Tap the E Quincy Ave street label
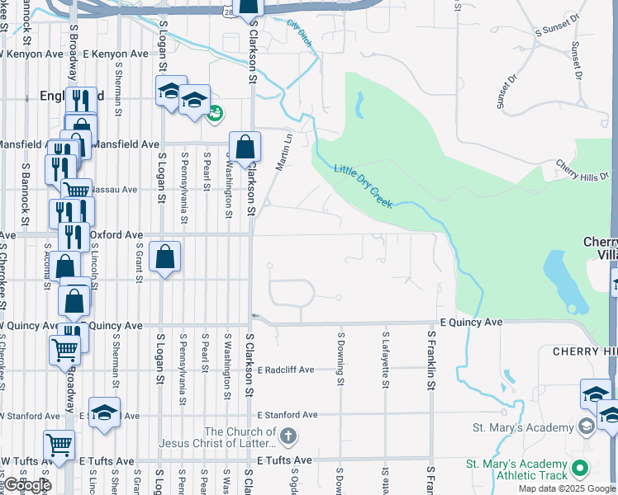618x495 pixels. pyautogui.click(x=471, y=322)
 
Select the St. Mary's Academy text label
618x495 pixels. pyautogui.click(x=522, y=427)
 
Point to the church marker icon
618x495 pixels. pyautogui.click(x=288, y=436)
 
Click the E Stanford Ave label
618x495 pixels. pyautogui.click(x=288, y=415)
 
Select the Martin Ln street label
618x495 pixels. pyautogui.click(x=284, y=153)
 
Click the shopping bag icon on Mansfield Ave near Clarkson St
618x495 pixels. pyautogui.click(x=245, y=148)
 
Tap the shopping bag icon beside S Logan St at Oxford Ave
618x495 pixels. pyautogui.click(x=165, y=257)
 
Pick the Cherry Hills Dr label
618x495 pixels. pyautogui.click(x=583, y=169)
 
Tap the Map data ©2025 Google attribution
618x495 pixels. pyautogui.click(x=566, y=488)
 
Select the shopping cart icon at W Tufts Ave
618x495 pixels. pyautogui.click(x=59, y=446)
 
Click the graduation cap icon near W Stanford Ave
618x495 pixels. pyautogui.click(x=104, y=413)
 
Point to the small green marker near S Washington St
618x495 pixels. pyautogui.click(x=215, y=112)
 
